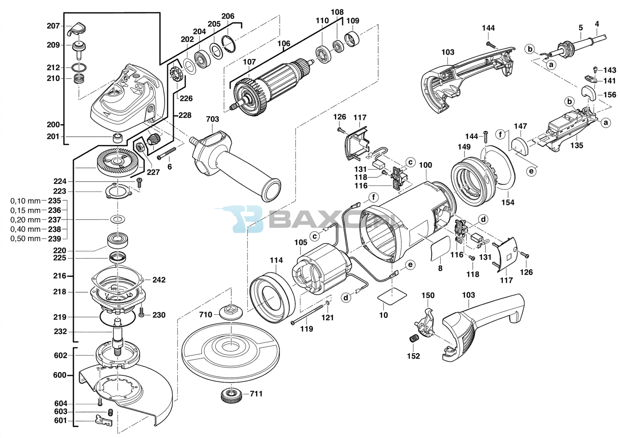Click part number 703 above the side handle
(x=212, y=119)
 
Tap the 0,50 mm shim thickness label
(x=26, y=239)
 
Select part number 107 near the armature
(x=250, y=62)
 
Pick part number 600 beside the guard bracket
(x=60, y=375)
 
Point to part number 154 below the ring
(x=508, y=202)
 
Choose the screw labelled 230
(x=142, y=312)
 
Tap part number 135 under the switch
(x=577, y=145)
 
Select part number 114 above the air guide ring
(x=276, y=260)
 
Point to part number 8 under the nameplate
(x=440, y=268)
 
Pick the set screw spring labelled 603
(x=110, y=412)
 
